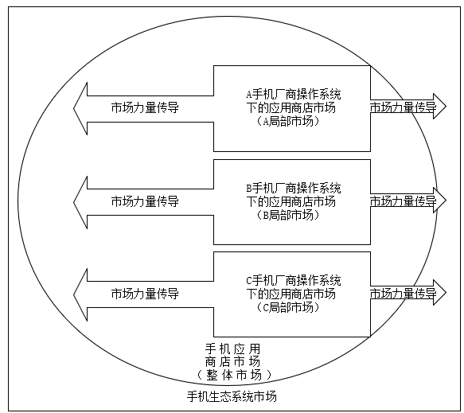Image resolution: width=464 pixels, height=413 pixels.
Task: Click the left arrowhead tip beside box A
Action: point(74,108)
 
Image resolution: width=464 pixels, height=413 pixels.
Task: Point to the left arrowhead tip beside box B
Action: point(74,202)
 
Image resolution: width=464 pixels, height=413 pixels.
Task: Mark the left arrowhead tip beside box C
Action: point(74,294)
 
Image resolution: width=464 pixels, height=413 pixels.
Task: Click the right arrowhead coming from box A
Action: point(440,106)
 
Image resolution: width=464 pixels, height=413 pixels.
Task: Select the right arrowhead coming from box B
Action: point(440,200)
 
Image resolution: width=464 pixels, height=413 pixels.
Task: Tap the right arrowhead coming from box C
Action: point(440,292)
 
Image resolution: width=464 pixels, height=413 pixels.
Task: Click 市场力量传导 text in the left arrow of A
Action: point(145,107)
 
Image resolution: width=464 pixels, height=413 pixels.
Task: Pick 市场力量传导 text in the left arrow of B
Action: point(145,201)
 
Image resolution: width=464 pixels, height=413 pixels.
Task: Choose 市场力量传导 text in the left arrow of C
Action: point(145,294)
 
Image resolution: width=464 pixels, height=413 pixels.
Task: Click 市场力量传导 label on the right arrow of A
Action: point(403,107)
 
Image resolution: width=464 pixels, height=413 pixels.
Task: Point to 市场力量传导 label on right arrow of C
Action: point(403,293)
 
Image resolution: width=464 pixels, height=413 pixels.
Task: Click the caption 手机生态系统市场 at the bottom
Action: point(232,396)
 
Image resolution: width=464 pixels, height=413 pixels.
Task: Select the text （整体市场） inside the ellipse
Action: point(233,375)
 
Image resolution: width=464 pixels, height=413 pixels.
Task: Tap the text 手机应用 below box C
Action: point(232,349)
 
